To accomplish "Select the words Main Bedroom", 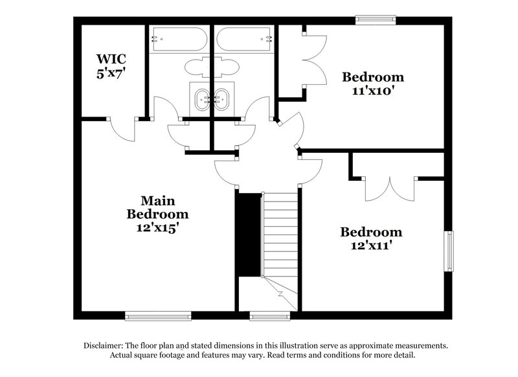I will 158,207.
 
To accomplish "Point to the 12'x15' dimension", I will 158,227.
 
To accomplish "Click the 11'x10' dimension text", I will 372,91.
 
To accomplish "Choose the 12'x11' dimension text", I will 372,246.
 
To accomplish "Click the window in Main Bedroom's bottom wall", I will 150,316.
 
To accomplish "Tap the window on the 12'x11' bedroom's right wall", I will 448,251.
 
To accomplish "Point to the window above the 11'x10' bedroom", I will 376,20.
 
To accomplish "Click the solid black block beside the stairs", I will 247,235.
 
